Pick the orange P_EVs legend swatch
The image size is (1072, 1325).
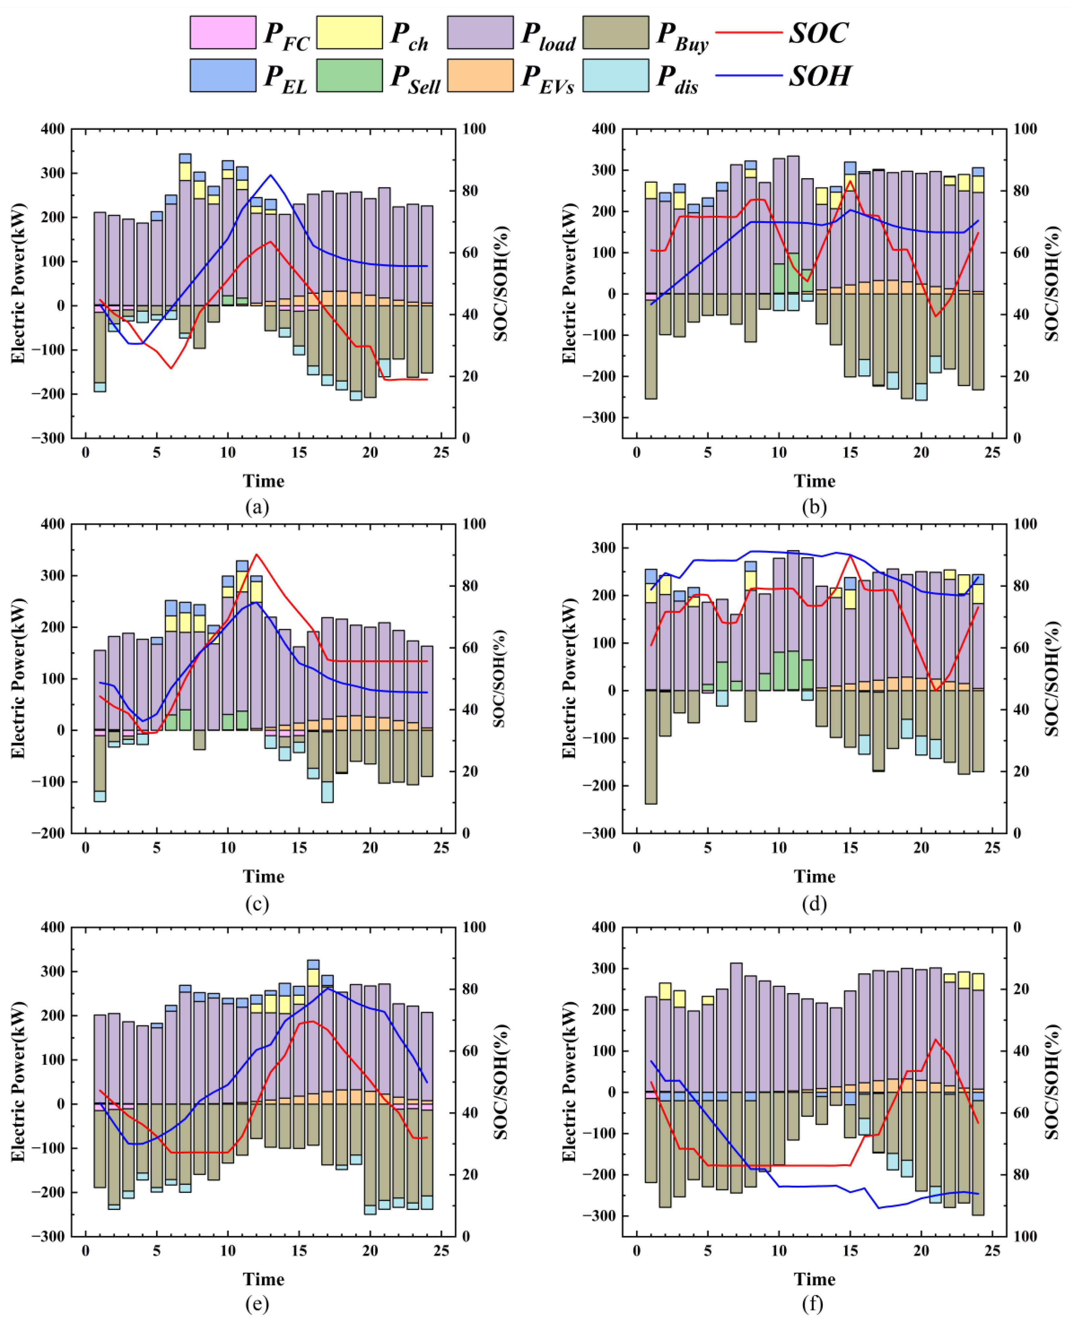click(x=480, y=75)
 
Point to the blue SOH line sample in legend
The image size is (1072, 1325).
click(x=748, y=75)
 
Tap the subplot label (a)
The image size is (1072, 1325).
click(x=257, y=507)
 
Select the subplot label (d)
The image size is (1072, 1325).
click(x=814, y=904)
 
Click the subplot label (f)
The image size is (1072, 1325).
click(x=813, y=1303)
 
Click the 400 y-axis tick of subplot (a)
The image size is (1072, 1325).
click(x=53, y=129)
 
